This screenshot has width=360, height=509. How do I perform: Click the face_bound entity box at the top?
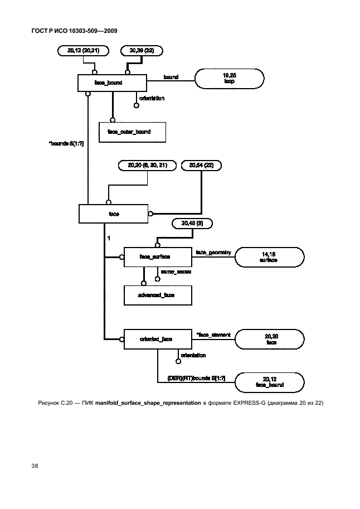click(112, 83)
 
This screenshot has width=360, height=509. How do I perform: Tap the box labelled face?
click(113, 213)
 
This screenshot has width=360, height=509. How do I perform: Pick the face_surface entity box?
click(158, 257)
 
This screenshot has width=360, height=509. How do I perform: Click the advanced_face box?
click(158, 295)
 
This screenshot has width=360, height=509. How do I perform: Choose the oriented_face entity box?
click(158, 339)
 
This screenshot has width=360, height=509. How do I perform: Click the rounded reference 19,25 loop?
click(228, 79)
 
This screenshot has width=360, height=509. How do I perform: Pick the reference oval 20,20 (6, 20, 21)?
click(147, 165)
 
